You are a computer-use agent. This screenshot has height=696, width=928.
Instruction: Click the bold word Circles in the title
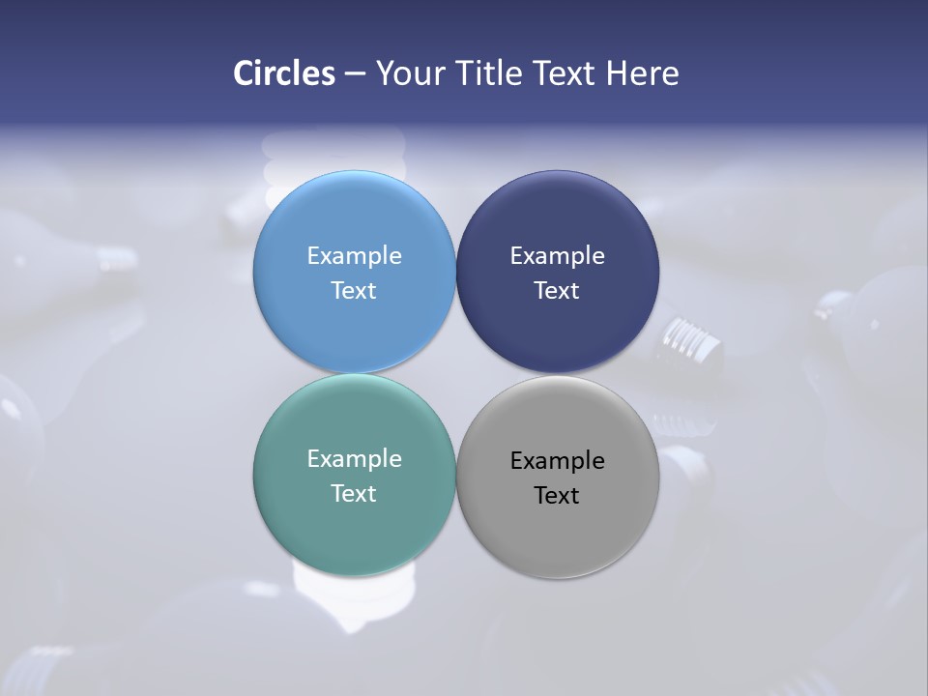pyautogui.click(x=283, y=73)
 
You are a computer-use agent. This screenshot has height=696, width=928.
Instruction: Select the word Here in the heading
pyautogui.click(x=642, y=73)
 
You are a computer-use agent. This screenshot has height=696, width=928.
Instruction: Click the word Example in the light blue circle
pyautogui.click(x=354, y=255)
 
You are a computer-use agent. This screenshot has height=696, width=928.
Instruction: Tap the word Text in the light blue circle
pyautogui.click(x=354, y=290)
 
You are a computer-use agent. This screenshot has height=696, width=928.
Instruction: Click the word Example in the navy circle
pyautogui.click(x=558, y=255)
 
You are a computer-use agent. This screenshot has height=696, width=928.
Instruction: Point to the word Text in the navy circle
pyautogui.click(x=558, y=290)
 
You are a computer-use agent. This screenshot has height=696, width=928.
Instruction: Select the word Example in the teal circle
pyautogui.click(x=354, y=458)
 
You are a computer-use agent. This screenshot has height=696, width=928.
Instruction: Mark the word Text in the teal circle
pyautogui.click(x=354, y=493)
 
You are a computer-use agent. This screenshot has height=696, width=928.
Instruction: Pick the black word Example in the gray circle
pyautogui.click(x=558, y=460)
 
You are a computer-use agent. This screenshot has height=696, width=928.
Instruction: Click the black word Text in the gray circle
pyautogui.click(x=558, y=495)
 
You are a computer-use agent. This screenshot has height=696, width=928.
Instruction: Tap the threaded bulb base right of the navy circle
pyautogui.click(x=693, y=343)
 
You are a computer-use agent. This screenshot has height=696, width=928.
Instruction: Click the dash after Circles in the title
pyautogui.click(x=355, y=74)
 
